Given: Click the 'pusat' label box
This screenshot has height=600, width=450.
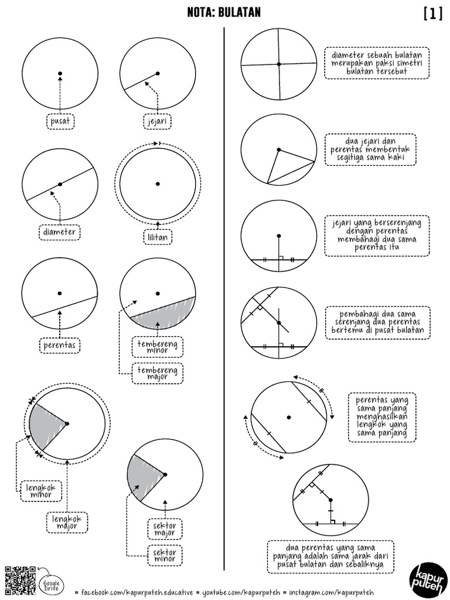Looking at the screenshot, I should click(60, 121).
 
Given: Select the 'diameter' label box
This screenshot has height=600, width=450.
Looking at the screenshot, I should click(60, 232).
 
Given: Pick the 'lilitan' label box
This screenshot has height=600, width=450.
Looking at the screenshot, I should click(157, 238).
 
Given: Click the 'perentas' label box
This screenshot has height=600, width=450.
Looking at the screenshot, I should click(60, 346).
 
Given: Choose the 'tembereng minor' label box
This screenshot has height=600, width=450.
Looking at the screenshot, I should click(157, 346).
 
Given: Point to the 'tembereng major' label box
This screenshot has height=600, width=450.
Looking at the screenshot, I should click(157, 373).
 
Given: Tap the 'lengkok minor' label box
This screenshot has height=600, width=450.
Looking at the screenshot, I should click(40, 491).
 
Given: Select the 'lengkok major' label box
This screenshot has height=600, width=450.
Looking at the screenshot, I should click(67, 521).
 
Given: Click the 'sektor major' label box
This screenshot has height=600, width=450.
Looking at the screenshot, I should click(165, 530).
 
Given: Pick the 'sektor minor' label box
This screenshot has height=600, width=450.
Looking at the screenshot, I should click(165, 555).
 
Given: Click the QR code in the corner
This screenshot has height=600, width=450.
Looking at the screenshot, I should click(20, 581).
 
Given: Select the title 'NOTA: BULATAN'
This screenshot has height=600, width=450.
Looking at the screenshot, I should click(224, 13).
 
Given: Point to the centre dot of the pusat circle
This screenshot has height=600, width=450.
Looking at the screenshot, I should click(60, 74).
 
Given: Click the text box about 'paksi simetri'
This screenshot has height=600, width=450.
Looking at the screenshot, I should click(377, 63).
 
